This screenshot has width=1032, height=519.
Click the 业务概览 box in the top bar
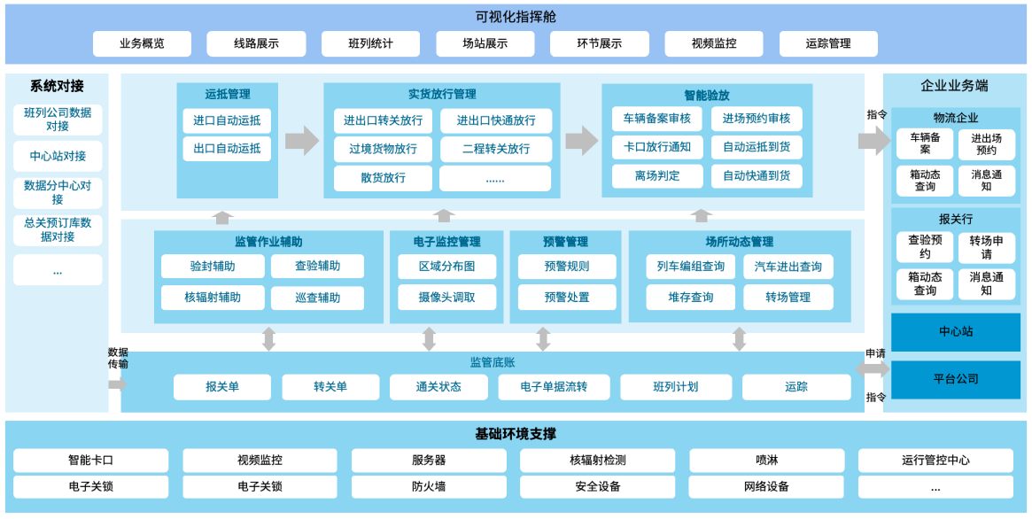click(142, 43)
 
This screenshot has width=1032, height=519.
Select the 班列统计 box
click(370, 43)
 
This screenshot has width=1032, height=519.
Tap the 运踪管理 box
click(828, 43)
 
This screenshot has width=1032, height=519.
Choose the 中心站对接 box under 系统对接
click(58, 156)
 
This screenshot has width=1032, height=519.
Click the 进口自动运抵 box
click(227, 120)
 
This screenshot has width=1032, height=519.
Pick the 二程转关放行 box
click(496, 149)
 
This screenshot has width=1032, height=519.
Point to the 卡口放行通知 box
click(656, 147)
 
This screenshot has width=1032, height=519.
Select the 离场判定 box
click(656, 175)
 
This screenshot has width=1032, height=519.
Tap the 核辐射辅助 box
click(213, 298)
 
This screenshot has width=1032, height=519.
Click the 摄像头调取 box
click(446, 298)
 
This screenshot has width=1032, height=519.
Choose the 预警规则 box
click(566, 267)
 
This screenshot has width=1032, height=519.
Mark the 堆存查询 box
click(691, 298)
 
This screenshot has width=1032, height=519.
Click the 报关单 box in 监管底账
click(222, 387)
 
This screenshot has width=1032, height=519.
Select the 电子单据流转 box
click(554, 387)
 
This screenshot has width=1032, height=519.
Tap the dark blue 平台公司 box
click(955, 379)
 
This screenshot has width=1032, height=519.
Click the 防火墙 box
click(429, 486)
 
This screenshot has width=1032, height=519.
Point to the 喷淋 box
click(766, 461)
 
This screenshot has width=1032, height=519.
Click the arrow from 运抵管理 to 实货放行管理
click(301, 141)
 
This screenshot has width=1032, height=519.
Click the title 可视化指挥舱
click(516, 17)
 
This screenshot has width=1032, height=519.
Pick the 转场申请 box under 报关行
click(986, 248)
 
